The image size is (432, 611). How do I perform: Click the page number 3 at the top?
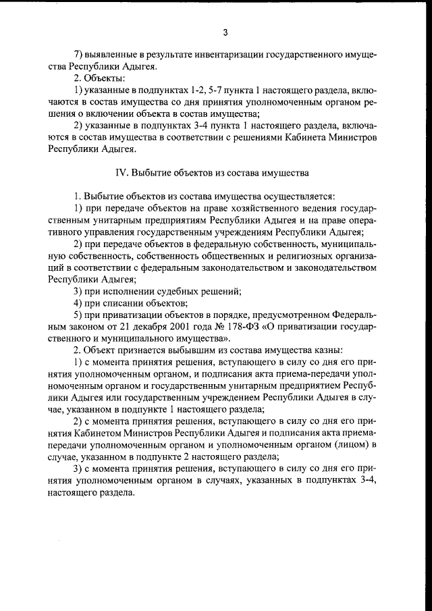tap(225, 32)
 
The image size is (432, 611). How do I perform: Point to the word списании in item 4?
tap(128, 304)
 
